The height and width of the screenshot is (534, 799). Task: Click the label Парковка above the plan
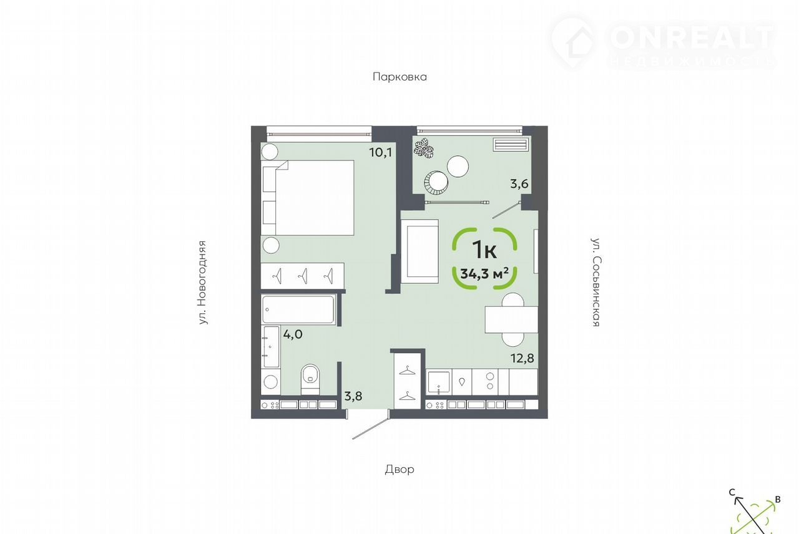[x=399, y=77]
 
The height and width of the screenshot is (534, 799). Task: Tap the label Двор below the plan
[x=399, y=469]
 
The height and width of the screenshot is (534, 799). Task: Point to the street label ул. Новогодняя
[x=202, y=283]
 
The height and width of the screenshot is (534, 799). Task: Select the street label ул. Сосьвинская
[x=596, y=282]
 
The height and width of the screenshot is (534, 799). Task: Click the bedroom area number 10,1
[x=381, y=153]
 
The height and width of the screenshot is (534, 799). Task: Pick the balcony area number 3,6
[x=519, y=184]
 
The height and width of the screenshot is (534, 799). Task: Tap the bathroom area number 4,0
[x=293, y=334]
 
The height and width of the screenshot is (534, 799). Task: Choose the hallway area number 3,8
[x=353, y=396]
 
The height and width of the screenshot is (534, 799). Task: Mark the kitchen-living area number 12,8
[x=522, y=358]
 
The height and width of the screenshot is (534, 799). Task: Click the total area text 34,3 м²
[x=484, y=274]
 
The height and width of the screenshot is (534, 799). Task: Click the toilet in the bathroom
[x=310, y=379]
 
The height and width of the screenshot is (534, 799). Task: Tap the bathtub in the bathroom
[x=298, y=309]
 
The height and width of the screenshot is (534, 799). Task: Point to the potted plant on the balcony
[x=424, y=148]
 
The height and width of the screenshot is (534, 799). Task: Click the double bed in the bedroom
[x=308, y=198]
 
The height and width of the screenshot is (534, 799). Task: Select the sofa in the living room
[x=419, y=251]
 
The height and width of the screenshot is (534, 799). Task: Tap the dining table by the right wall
[x=511, y=319]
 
